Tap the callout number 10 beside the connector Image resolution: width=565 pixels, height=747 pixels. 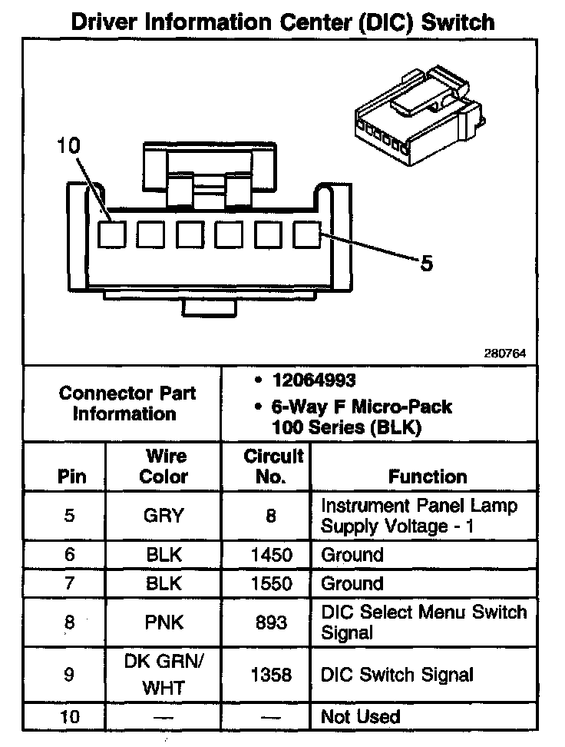(x=69, y=146)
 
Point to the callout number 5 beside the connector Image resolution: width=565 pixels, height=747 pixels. (x=427, y=264)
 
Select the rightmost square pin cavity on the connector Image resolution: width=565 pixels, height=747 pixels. (x=308, y=234)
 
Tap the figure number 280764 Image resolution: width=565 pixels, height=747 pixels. (x=504, y=354)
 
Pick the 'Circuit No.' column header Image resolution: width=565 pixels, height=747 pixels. (x=273, y=466)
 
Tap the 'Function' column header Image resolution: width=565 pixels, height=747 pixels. (x=428, y=476)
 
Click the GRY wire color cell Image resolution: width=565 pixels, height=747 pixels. (x=164, y=516)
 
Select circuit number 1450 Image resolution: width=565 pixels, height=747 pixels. (x=271, y=555)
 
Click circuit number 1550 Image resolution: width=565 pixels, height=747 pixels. (x=271, y=583)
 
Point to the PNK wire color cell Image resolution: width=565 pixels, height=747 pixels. (x=164, y=622)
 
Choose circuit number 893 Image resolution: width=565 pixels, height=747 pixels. (x=271, y=622)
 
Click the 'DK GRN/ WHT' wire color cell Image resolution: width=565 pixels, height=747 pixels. (x=164, y=674)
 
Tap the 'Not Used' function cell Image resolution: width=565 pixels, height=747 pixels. (x=361, y=717)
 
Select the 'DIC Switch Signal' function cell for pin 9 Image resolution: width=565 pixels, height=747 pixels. (x=397, y=675)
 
